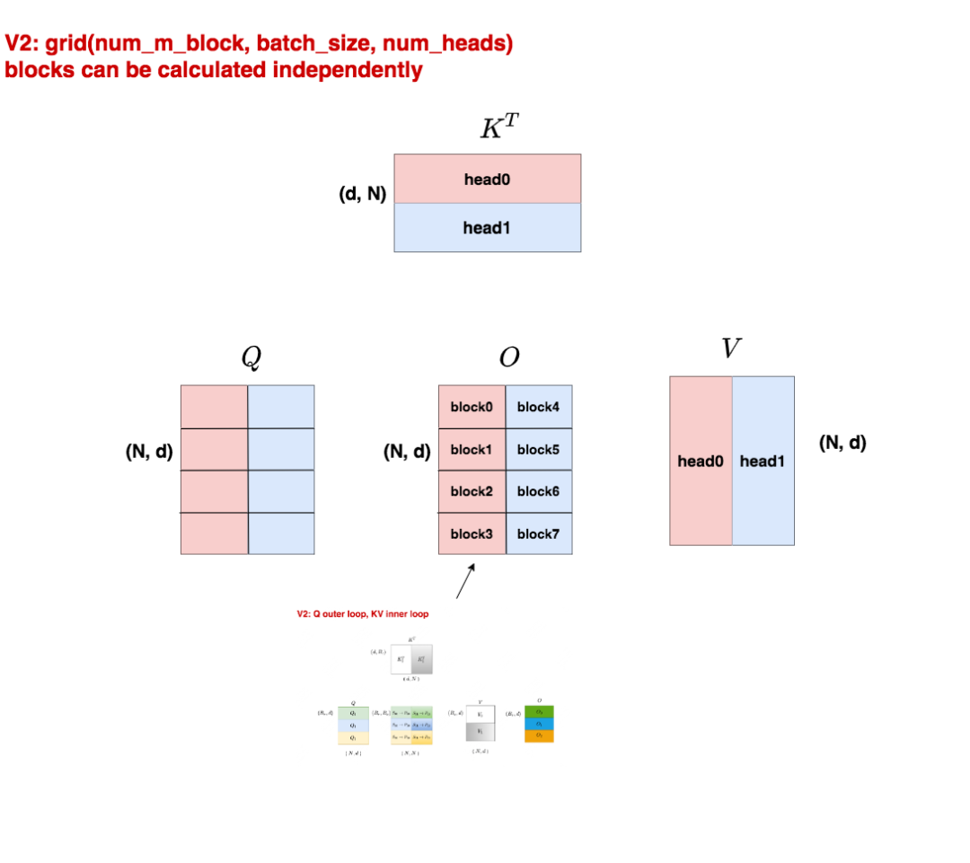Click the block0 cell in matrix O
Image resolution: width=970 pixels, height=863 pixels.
[472, 407]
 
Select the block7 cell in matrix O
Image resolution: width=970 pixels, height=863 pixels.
[539, 533]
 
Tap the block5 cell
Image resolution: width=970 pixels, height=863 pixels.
[539, 449]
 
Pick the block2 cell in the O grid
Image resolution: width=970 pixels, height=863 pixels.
[472, 491]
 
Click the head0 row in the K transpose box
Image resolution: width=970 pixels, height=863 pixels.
[487, 179]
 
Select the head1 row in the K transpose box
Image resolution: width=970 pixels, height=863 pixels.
[487, 227]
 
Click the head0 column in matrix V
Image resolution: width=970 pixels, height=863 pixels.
[701, 461]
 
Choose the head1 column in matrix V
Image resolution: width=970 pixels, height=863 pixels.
[763, 461]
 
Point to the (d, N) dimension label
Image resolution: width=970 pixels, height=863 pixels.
[362, 193]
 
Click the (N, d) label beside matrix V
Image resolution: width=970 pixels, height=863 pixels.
[842, 443]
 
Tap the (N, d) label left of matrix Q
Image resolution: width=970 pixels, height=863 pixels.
[149, 452]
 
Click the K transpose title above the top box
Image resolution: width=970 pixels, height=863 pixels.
[498, 128]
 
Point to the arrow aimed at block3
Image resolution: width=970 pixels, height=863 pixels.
[465, 580]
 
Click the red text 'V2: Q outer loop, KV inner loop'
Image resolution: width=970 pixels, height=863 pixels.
[362, 614]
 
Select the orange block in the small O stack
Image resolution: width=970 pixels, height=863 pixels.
[539, 735]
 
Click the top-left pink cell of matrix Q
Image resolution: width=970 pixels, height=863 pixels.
[214, 407]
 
